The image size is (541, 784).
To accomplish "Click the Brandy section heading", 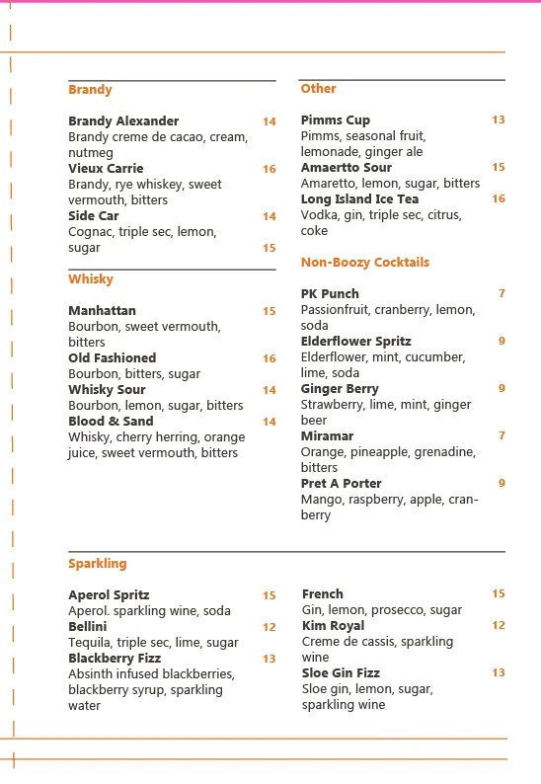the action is [x=90, y=90].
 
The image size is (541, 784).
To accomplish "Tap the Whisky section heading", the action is [x=91, y=279].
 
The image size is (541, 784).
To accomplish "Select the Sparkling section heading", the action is [x=98, y=564].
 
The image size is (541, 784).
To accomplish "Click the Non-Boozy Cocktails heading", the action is [x=365, y=263].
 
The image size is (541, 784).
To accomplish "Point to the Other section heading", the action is [x=319, y=89].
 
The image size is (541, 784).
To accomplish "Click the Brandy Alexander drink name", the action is [x=123, y=121].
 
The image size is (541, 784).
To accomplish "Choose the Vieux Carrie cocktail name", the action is [x=106, y=169].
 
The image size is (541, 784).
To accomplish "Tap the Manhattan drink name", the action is [x=103, y=311].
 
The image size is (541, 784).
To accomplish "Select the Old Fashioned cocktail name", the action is [x=113, y=358].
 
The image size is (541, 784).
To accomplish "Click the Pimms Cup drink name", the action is [x=336, y=120].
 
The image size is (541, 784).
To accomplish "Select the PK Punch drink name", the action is [x=330, y=294].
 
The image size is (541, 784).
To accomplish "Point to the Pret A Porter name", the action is [x=341, y=484].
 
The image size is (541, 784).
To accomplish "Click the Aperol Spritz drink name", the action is [x=109, y=595].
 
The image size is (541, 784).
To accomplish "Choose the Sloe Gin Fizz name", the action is [x=341, y=673].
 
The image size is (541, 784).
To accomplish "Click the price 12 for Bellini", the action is [x=270, y=627].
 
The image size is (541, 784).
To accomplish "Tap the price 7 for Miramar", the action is [x=502, y=435].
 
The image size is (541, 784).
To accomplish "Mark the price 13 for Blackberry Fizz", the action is [x=270, y=659].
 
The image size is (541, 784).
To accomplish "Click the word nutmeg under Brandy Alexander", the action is [x=91, y=153].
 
